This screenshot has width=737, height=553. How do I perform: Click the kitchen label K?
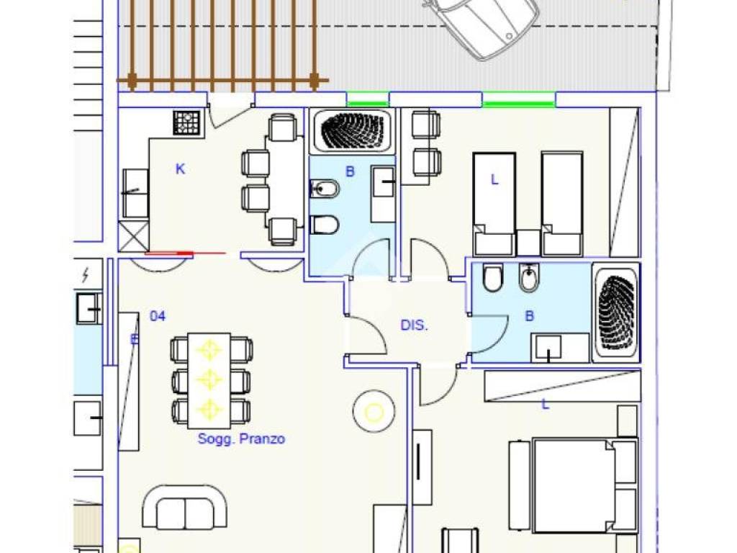pyautogui.click(x=180, y=168)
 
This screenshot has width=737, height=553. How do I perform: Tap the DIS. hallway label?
pyautogui.click(x=414, y=325)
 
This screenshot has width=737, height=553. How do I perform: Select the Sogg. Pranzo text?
pyautogui.click(x=241, y=439)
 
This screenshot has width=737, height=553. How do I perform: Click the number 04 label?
pyautogui.click(x=158, y=316)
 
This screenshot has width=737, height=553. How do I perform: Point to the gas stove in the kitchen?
pyautogui.click(x=186, y=122)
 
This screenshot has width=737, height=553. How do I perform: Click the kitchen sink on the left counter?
pyautogui.click(x=136, y=193)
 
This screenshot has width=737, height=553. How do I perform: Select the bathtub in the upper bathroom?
pyautogui.click(x=352, y=131)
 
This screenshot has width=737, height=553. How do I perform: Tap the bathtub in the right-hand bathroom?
pyautogui.click(x=616, y=313)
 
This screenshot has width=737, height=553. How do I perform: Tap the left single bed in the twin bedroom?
pyautogui.click(x=494, y=204)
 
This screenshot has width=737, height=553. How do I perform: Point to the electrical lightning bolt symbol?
pyautogui.click(x=86, y=274)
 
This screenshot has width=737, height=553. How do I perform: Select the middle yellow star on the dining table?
pyautogui.click(x=209, y=379)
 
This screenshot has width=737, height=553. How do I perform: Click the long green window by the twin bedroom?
pyautogui.click(x=519, y=104)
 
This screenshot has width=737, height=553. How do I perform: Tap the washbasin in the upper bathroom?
pyautogui.click(x=383, y=194)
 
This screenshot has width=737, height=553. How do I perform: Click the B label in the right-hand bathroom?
pyautogui.click(x=529, y=316)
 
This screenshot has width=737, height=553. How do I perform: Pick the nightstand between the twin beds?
pyautogui.click(x=528, y=243)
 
